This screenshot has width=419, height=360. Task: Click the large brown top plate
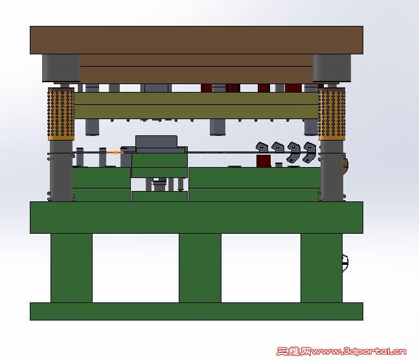196,40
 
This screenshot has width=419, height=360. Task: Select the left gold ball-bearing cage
61,113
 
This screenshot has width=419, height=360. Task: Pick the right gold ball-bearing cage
332,113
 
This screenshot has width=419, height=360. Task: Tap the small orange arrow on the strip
115,153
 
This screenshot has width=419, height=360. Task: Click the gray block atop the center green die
156,142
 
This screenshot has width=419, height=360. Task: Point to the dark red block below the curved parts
264,161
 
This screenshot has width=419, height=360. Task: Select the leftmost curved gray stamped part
262,148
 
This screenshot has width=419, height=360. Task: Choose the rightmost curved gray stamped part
309,152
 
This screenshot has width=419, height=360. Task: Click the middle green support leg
200,268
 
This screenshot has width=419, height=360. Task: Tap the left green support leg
71,268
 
